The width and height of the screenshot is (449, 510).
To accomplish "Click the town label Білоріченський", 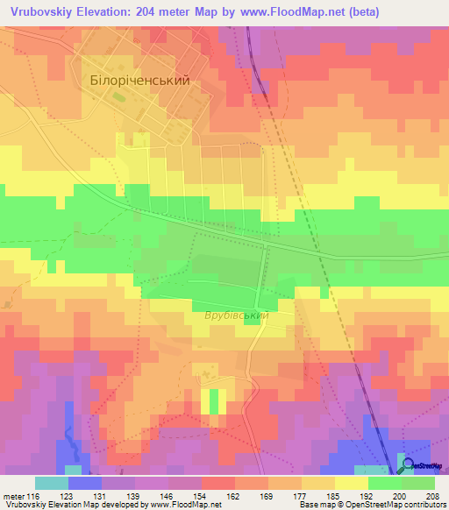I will pos(139,79).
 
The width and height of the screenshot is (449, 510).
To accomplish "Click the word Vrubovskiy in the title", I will pos(41,12).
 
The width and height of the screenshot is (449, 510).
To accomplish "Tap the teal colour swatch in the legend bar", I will pos(52,483).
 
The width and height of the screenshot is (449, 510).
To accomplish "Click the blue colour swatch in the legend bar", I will pos(85,483).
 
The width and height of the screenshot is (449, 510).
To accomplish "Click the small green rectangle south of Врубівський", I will pos(212,401).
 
